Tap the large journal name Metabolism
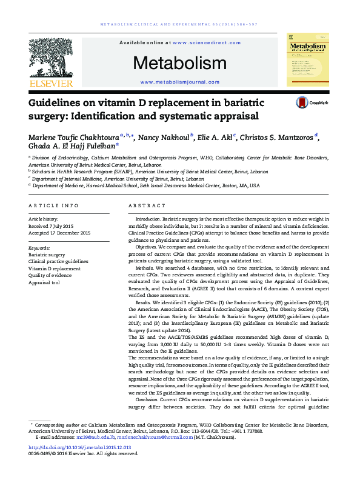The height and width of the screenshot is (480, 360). point(171,63)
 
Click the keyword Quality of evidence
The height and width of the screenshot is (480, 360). point(51,275)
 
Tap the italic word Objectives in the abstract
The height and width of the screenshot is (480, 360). point(146,247)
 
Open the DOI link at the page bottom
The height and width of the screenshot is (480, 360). point(80,448)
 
